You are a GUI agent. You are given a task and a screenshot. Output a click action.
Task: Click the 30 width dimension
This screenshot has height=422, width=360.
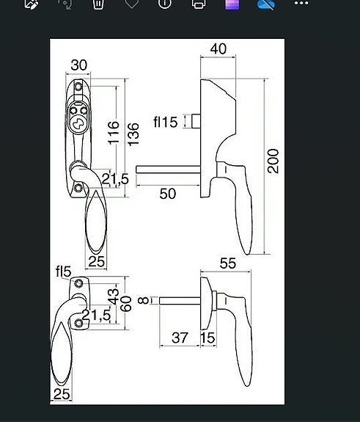78,65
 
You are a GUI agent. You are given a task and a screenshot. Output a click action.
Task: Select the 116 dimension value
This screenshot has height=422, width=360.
114,134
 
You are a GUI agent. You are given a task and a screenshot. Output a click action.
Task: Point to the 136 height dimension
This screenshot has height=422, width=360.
133,134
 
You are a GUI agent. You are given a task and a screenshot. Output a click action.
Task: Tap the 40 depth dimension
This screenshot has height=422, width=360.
218,49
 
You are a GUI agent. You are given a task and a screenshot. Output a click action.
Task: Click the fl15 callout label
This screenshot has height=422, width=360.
165,122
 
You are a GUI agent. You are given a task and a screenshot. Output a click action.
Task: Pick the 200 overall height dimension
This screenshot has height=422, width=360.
273,160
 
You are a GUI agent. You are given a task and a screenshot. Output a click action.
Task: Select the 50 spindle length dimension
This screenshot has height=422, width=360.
168,193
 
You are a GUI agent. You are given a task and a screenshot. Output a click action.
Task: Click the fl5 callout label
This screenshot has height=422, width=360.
63,272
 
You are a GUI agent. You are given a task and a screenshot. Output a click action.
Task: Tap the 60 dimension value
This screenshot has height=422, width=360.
125,304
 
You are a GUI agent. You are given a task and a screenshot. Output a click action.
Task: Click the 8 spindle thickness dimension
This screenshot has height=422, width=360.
144,300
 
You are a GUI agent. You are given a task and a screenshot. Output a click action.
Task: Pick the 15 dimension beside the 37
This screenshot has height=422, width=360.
207,338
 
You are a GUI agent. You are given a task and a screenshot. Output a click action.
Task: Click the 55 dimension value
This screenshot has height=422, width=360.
228,263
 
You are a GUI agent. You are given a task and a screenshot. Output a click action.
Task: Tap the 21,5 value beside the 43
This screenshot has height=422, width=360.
96,316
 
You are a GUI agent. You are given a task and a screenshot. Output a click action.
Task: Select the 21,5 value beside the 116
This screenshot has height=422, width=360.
115,179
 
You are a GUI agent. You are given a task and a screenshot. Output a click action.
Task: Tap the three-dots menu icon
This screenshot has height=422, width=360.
301,4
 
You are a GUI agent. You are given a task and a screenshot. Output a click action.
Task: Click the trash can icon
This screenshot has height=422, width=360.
98,4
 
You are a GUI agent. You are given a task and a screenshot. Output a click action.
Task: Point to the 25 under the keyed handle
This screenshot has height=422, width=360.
97,261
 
